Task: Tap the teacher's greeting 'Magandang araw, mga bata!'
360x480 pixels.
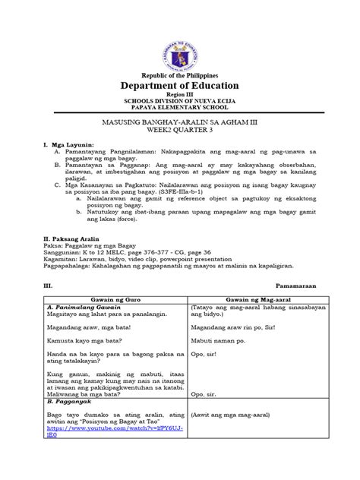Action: point(92,327)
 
